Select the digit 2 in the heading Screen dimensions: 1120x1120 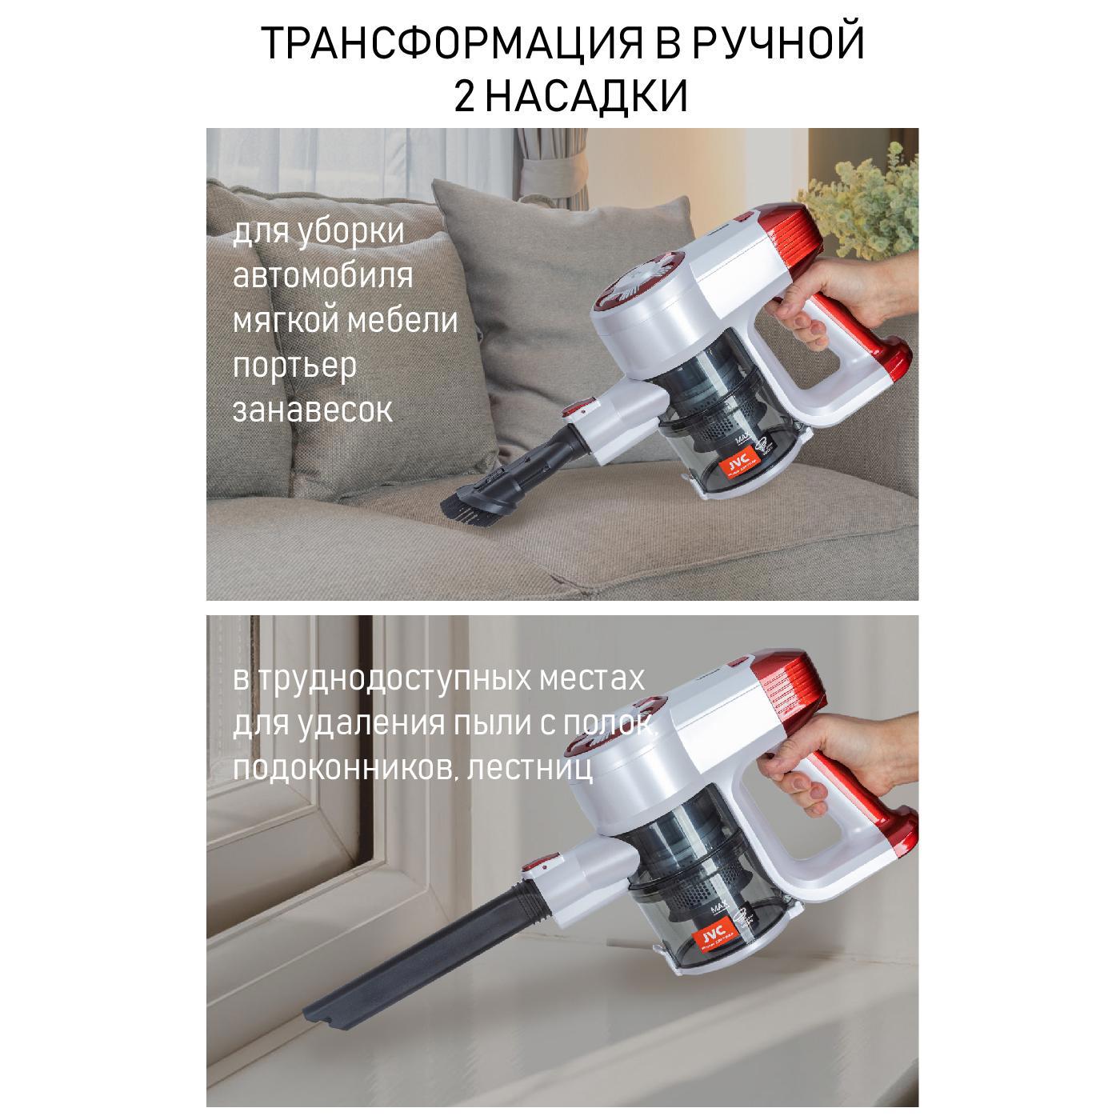pos(464,97)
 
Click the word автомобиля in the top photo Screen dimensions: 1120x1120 pos(323,276)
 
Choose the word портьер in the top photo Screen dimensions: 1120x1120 pos(294,366)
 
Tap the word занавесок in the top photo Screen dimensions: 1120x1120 pos(313,410)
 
